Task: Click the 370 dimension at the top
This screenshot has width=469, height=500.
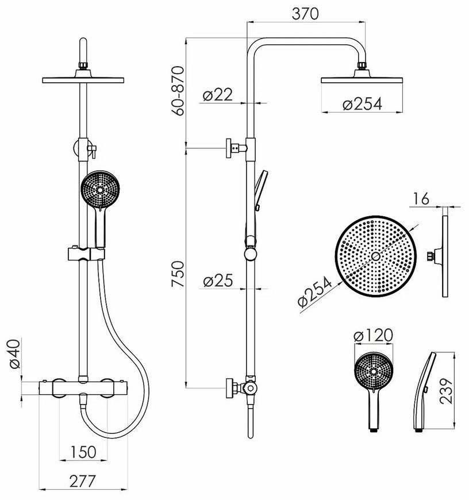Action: (305, 14)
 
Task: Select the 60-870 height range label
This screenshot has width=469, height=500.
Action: (178, 91)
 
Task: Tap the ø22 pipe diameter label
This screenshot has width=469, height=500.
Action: (218, 94)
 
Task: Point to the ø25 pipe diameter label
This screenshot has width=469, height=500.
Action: (218, 280)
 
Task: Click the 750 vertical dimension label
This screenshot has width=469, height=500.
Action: (178, 274)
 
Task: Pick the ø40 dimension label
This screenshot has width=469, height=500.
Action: (14, 354)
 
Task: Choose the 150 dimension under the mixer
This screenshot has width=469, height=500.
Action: (83, 452)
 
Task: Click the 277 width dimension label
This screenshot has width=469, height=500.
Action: (83, 481)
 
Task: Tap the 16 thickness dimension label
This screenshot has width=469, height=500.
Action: (421, 199)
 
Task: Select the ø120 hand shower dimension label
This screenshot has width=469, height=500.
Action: (374, 335)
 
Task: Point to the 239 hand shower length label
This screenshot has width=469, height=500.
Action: (446, 391)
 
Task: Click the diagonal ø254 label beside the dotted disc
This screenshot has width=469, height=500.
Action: (315, 291)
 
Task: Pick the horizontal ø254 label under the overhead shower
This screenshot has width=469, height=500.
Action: (362, 104)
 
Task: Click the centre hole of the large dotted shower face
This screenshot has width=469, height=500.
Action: (375, 256)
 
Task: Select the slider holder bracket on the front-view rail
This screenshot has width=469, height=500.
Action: (86, 253)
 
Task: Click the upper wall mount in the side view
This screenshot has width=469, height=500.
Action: (236, 148)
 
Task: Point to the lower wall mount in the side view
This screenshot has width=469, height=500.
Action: (241, 388)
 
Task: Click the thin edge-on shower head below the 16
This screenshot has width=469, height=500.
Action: (445, 256)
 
